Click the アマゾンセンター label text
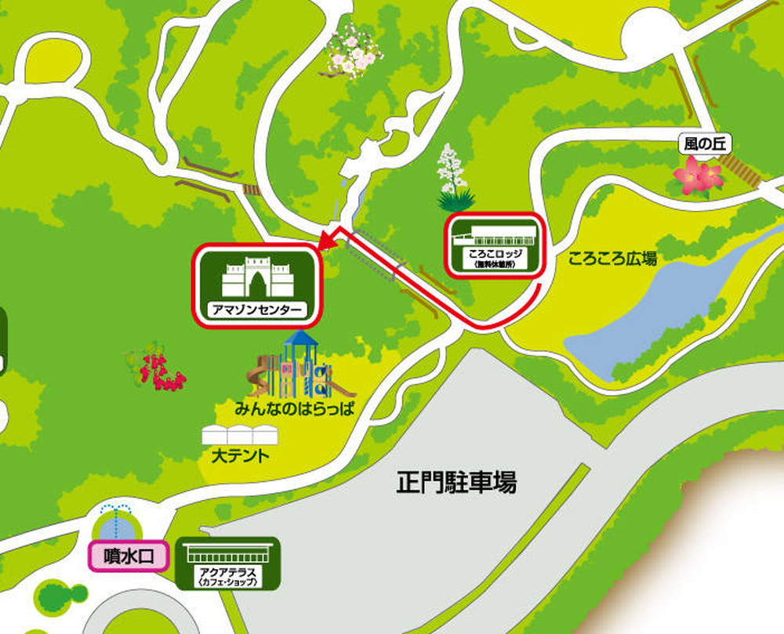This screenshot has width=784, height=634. pos(257,309)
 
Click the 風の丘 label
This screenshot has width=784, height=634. pos(704,144)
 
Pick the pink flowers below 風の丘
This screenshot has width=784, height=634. pos(697,176)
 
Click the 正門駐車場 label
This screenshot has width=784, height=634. pos(456,482)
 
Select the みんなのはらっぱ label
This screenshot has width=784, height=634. pos(294,408)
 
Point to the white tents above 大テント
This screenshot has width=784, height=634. pos(240,435)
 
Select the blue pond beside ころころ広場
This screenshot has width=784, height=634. pos(659,313)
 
